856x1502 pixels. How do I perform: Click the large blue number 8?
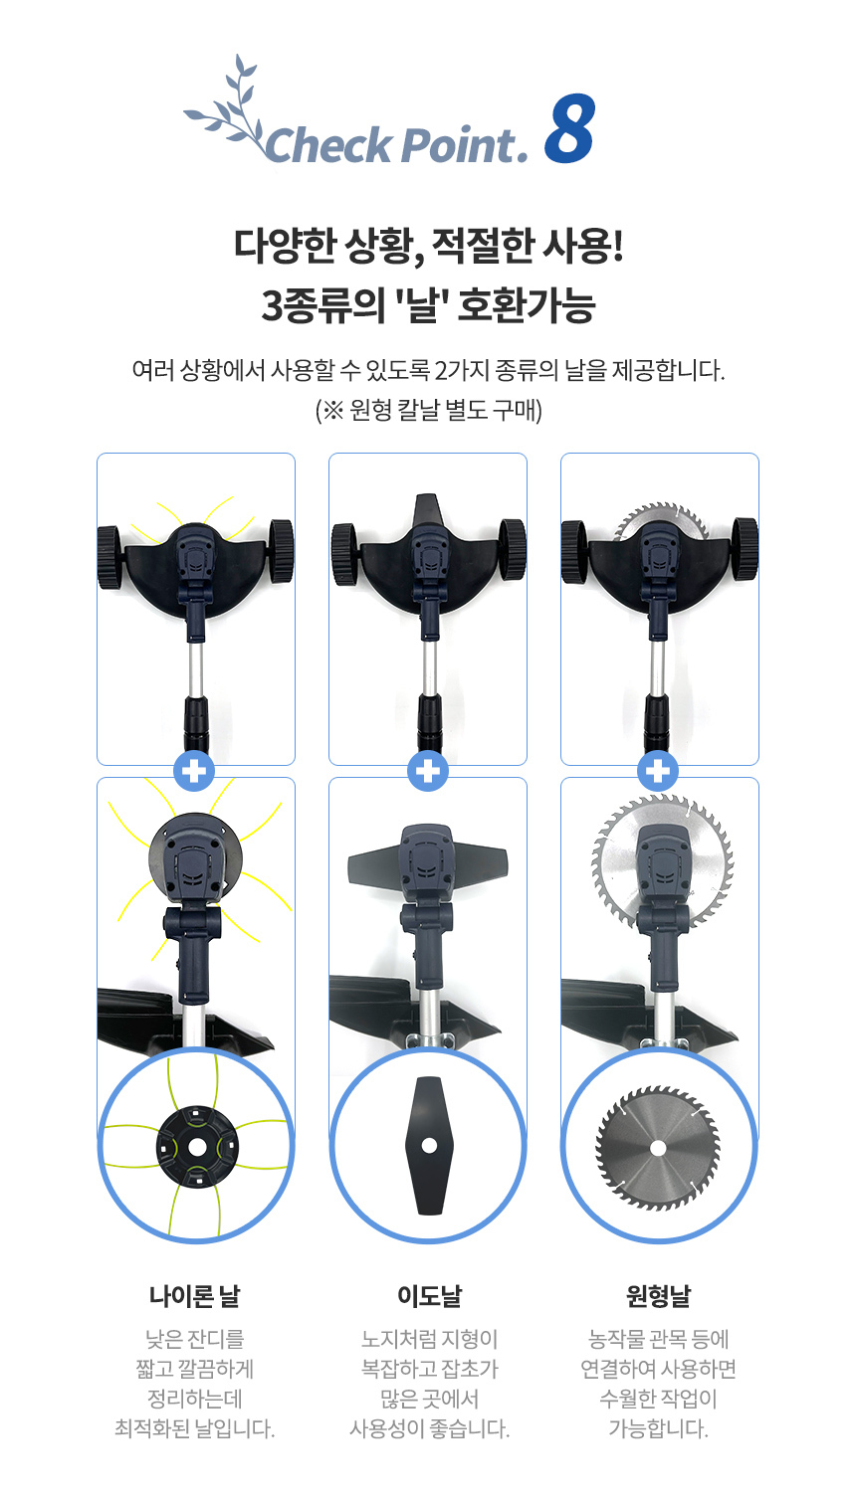569,128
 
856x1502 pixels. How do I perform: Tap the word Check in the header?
328,144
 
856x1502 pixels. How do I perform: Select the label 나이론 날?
194,1296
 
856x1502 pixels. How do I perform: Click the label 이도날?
429,1296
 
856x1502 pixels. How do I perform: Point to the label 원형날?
658,1296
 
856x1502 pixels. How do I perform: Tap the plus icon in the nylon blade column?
194,771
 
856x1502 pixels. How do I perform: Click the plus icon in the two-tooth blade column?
428,771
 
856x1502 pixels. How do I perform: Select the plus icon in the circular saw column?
658,771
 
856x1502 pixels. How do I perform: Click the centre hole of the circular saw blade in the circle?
658,1149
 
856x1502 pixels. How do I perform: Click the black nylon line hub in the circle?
196,1147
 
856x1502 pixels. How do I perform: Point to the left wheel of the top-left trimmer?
109,558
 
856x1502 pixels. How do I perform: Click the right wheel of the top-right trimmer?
745,548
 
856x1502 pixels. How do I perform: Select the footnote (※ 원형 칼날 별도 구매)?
429,410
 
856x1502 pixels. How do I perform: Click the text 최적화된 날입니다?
194,1428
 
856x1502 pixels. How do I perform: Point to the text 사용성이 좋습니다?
429,1428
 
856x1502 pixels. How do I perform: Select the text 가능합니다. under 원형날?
658,1428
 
